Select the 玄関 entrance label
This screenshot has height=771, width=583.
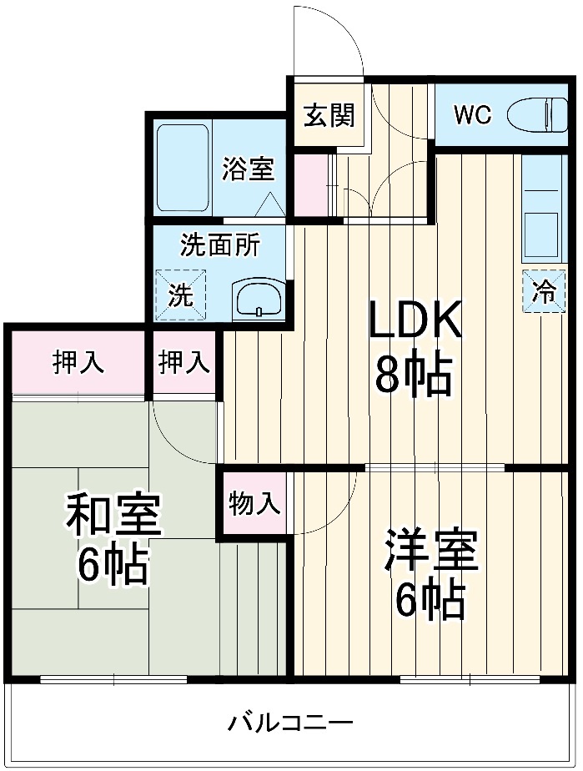(328, 115)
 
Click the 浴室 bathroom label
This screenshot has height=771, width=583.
(248, 169)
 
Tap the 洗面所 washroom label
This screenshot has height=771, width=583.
(219, 246)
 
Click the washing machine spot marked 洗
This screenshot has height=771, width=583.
(181, 294)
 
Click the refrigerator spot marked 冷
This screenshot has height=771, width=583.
(544, 291)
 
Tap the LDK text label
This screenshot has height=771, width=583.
(415, 320)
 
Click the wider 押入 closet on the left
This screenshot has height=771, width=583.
(78, 363)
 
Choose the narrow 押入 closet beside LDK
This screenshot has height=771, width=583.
(184, 363)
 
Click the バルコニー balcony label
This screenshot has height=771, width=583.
(291, 722)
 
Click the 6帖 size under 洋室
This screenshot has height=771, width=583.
(430, 599)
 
